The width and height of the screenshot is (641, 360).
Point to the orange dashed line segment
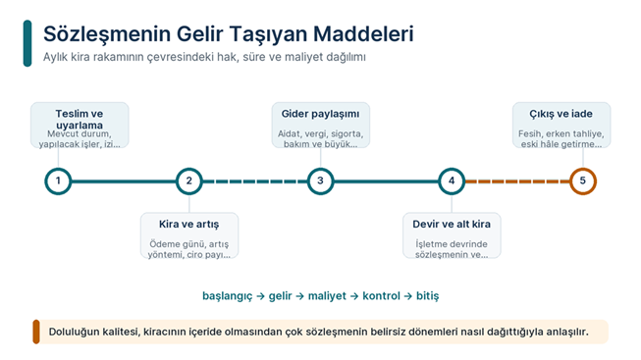pyautogui.click(x=517, y=181)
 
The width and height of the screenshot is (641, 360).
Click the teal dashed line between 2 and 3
pyautogui.click(x=255, y=181)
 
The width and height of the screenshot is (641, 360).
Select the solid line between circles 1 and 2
pyautogui.click(x=124, y=181)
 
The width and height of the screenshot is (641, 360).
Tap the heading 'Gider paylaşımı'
pyautogui.click(x=320, y=114)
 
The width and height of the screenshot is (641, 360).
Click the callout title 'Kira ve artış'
pyautogui.click(x=189, y=224)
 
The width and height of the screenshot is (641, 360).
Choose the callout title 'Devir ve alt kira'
pyautogui.click(x=452, y=224)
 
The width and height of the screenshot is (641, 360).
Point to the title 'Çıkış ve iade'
pyautogui.click(x=561, y=114)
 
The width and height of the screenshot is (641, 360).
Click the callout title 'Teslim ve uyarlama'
pyautogui.click(x=80, y=120)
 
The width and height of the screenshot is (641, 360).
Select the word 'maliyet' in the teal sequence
pyautogui.click(x=327, y=296)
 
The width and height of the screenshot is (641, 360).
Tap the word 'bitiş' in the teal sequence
pyautogui.click(x=428, y=296)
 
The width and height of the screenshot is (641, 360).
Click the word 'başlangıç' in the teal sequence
pyautogui.click(x=228, y=296)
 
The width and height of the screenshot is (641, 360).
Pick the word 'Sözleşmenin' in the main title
pyautogui.click(x=107, y=34)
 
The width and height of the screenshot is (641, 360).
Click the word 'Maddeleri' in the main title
pyautogui.click(x=363, y=33)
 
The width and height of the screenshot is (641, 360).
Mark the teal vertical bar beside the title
pyautogui.click(x=27, y=43)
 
